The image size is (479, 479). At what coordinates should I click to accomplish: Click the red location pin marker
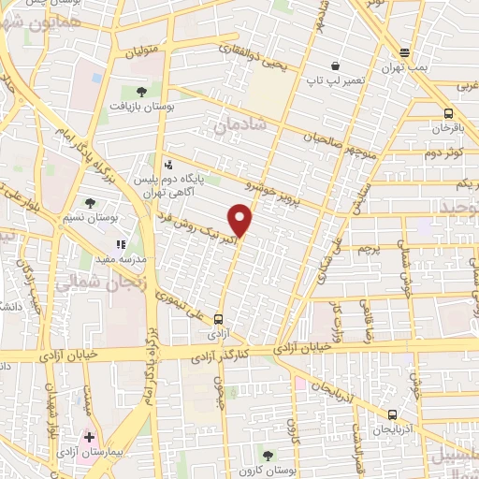(x=241, y=221)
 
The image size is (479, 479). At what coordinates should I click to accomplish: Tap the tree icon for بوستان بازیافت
(x=141, y=91)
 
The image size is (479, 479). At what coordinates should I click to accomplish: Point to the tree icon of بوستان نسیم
(x=90, y=202)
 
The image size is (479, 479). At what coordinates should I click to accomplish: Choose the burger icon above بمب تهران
(x=404, y=52)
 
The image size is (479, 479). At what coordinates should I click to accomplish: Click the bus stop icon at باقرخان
(x=448, y=113)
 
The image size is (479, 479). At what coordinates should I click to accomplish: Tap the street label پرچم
(x=370, y=249)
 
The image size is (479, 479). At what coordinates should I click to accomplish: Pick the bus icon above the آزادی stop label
(x=218, y=317)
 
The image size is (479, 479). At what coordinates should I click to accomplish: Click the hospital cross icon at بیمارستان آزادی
(x=89, y=438)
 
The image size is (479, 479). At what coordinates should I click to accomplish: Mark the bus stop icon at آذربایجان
(x=391, y=415)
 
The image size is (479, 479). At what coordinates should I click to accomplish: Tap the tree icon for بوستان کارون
(x=269, y=456)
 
